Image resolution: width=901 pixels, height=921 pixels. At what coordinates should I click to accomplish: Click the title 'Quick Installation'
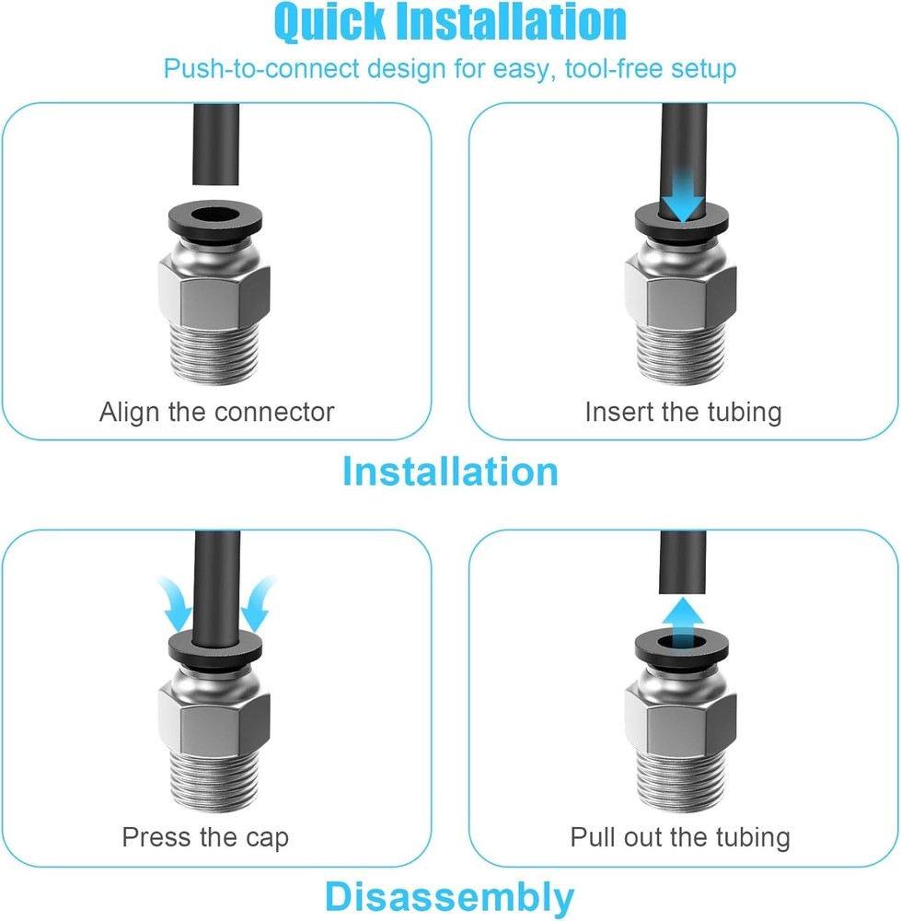click(x=450, y=23)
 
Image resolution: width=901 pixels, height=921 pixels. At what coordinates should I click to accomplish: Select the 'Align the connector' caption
click(x=216, y=411)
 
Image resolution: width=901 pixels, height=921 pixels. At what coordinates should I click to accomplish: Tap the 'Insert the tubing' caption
click(x=683, y=411)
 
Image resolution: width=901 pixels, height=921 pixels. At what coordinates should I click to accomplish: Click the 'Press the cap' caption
click(x=205, y=837)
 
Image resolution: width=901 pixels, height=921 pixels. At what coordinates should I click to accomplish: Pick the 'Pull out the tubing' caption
click(x=680, y=837)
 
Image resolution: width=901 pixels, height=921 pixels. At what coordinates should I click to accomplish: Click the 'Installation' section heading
click(x=450, y=471)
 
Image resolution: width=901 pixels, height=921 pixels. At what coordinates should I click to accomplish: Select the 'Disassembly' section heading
click(x=450, y=896)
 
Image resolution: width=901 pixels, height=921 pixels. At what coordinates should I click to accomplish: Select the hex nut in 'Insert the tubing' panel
click(x=683, y=299)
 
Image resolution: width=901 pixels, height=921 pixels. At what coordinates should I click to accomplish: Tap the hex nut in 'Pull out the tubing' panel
click(x=681, y=728)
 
